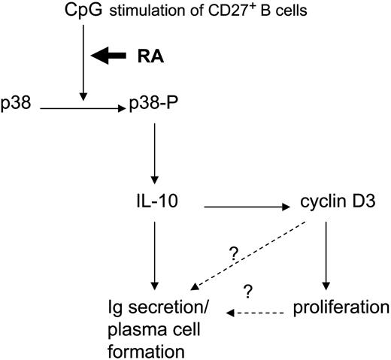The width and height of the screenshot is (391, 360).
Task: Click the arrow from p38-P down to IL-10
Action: (154, 154)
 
